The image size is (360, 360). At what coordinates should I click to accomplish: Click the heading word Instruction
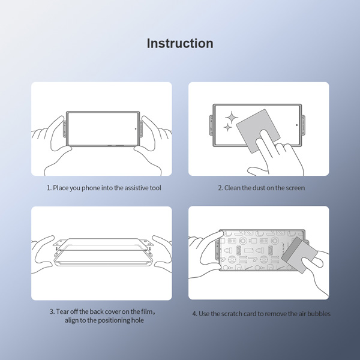(180, 44)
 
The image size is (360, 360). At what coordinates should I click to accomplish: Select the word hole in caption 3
(136, 320)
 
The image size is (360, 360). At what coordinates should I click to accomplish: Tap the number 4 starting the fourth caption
(193, 313)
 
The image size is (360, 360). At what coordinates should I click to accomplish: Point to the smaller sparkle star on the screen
(227, 128)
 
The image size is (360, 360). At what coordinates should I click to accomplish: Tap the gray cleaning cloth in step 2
(256, 130)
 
